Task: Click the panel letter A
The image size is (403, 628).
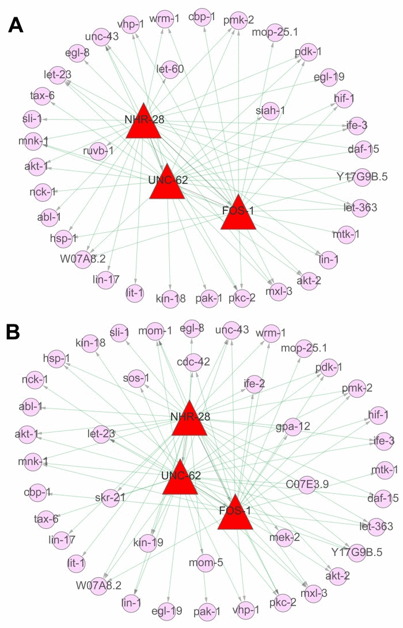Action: click(18, 27)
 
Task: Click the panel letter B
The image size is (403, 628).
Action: click(16, 332)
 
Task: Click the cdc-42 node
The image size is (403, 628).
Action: click(193, 362)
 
